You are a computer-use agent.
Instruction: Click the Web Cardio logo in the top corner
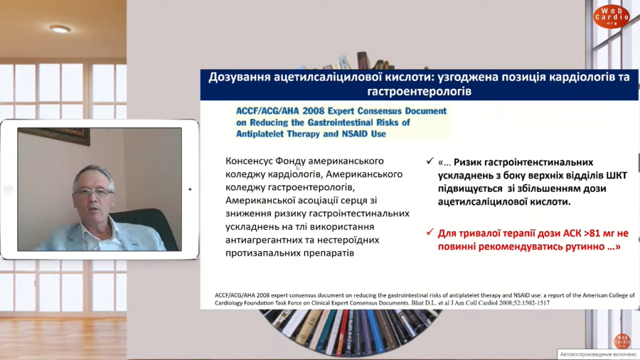611,16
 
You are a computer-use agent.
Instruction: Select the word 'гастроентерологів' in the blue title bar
419,91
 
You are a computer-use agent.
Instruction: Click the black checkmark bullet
430,162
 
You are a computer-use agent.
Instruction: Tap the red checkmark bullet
430,232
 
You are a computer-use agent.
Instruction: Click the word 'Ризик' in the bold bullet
469,162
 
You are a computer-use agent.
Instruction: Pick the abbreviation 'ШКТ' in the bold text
617,176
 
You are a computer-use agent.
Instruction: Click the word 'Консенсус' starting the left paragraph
249,161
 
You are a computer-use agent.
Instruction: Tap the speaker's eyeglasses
93,191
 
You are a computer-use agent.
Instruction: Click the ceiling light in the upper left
60,28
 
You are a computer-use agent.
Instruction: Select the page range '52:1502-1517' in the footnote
530,303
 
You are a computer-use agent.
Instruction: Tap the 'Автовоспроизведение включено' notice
598,354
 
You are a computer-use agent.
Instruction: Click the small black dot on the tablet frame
190,189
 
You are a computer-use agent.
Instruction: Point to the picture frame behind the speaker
53,135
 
